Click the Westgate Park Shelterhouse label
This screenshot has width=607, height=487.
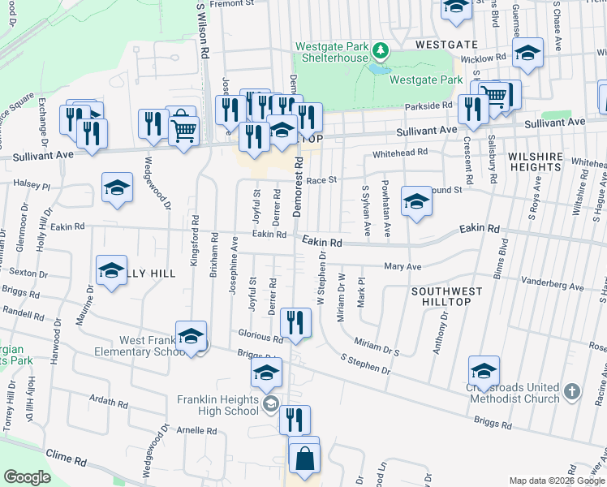point(332,52)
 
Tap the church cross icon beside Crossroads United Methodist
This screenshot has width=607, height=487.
point(572,392)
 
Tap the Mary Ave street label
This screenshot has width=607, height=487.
point(403,266)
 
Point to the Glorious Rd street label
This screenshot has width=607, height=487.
point(260,334)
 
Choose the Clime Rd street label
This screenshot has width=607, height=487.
point(67,459)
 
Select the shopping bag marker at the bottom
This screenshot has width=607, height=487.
point(304,459)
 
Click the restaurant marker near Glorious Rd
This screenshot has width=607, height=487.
point(295,322)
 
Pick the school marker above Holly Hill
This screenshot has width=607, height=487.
point(117,187)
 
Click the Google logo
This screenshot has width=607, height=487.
point(27,478)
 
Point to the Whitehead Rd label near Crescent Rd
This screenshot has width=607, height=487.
point(399,153)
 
